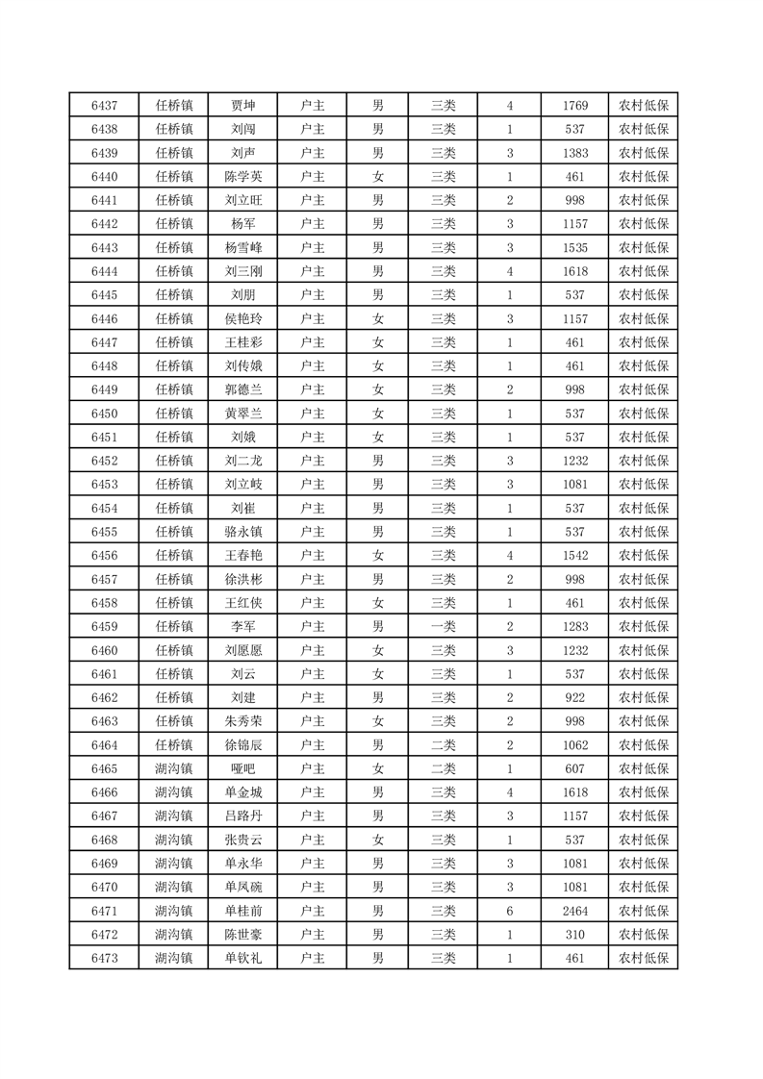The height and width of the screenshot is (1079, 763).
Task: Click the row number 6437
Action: coord(104,106)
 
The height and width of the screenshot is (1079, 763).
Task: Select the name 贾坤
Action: coord(242,106)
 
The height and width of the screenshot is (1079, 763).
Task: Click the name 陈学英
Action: coord(242,177)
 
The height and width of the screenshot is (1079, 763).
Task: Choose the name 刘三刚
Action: coord(242,271)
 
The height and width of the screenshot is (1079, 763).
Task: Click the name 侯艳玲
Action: coord(242,318)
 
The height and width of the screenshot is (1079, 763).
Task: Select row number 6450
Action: coord(104,414)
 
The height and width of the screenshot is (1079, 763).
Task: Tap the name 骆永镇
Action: coord(242,532)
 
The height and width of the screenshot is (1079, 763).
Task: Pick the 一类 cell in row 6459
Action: coord(444,627)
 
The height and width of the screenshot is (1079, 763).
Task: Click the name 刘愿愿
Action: coord(242,650)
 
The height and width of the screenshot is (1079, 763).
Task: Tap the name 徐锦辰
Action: coord(242,745)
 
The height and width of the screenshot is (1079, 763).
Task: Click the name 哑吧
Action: coord(242,768)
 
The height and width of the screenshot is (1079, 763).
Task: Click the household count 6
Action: coord(509,911)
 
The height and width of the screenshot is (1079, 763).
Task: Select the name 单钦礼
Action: coord(242,958)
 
